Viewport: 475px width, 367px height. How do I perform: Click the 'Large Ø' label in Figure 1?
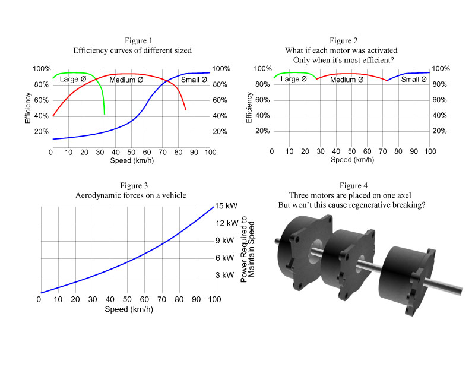coord(73,79)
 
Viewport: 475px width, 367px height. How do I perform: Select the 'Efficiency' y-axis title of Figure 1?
coord(28,107)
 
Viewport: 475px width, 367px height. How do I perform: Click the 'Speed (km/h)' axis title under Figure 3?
coord(126,309)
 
